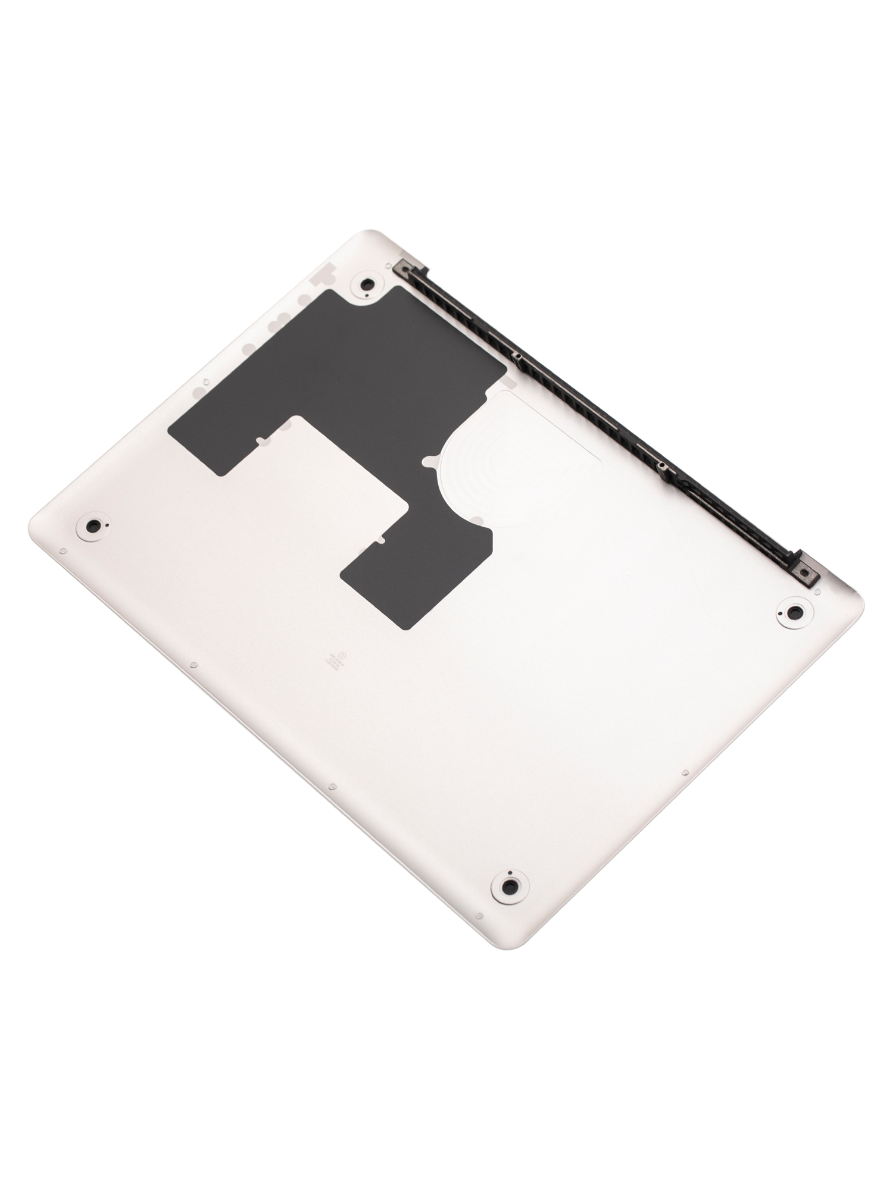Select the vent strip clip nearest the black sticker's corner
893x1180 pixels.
click(517, 357)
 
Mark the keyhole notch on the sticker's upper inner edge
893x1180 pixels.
click(260, 441)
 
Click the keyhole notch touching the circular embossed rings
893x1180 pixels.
click(427, 460)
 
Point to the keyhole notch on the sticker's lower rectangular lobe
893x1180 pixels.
click(381, 541)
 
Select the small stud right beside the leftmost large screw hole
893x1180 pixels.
click(64, 550)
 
